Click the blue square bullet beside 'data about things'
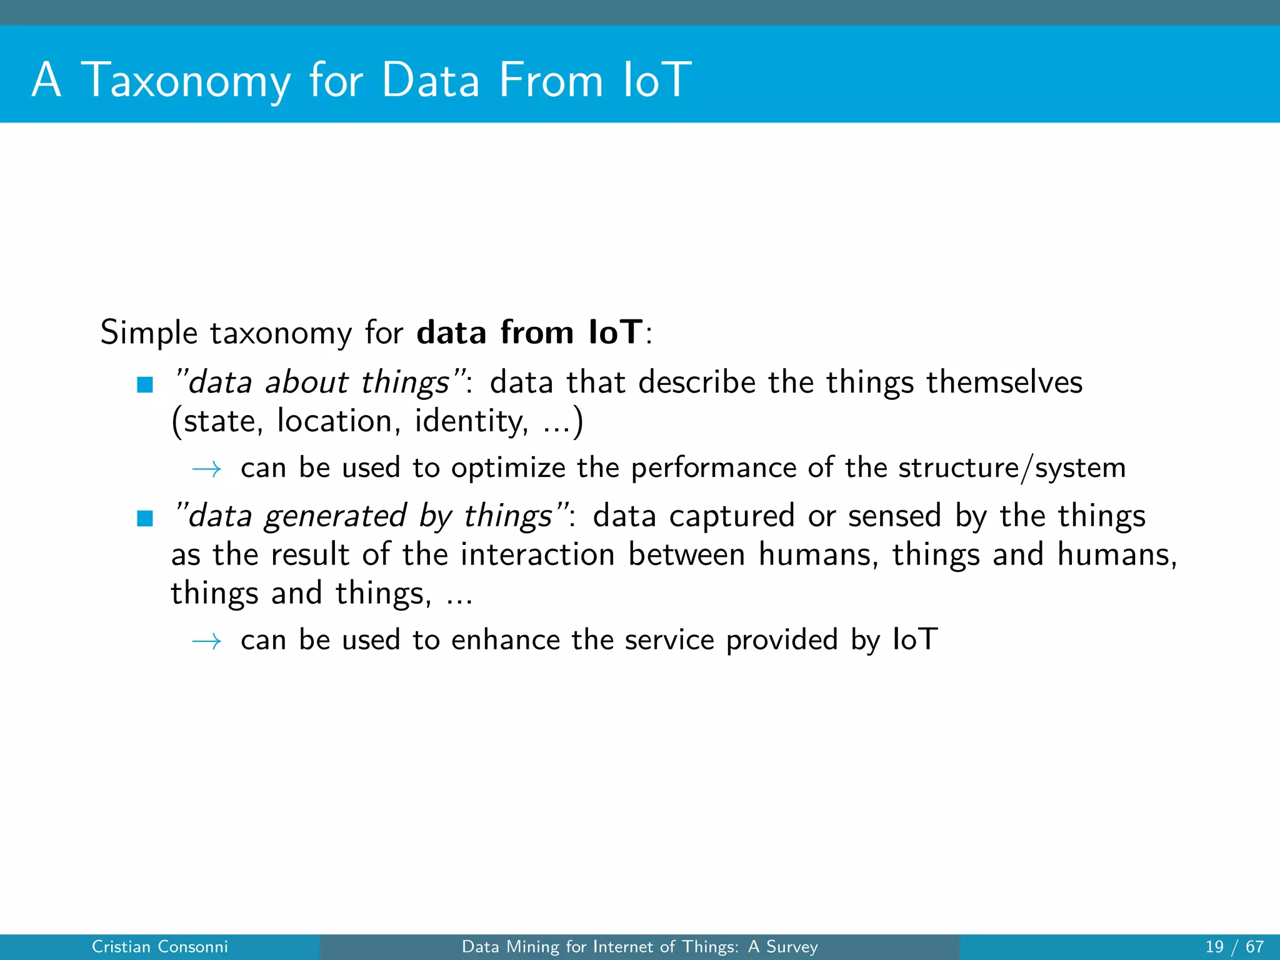click(145, 384)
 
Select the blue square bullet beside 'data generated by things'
click(145, 518)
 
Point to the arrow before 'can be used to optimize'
click(207, 469)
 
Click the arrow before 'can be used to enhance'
click(207, 641)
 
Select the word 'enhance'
click(506, 640)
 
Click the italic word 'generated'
click(335, 517)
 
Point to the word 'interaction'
click(537, 554)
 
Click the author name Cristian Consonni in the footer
click(160, 947)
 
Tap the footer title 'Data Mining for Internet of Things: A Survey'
click(639, 947)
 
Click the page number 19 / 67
click(1234, 947)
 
